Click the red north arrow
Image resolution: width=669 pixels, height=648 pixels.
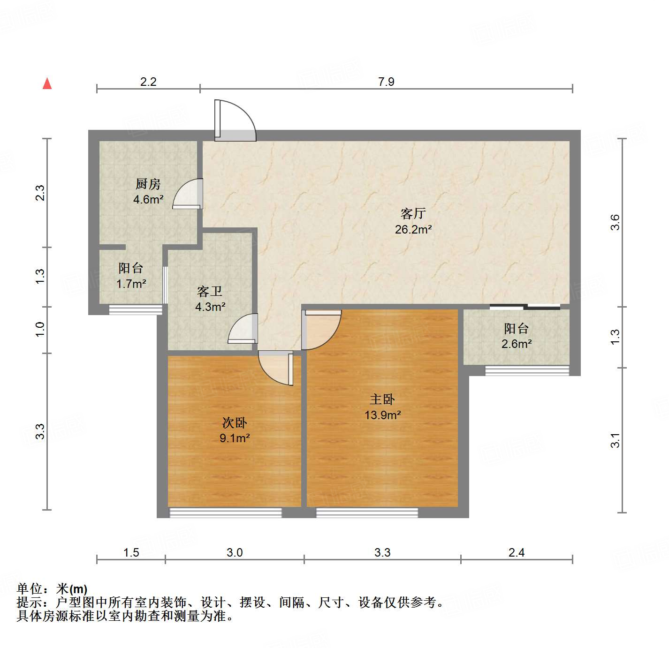47,83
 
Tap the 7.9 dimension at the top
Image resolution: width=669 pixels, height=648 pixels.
386,82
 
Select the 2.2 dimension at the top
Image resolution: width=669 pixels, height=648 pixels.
148,82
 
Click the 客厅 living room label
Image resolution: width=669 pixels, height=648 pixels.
413,214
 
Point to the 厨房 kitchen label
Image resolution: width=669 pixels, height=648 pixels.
148,184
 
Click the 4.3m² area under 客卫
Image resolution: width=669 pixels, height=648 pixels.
210,307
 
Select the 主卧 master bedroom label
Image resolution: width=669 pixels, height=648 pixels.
382,399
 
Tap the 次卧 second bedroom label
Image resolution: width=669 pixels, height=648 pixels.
235,423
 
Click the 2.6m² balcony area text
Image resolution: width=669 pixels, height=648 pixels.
517,344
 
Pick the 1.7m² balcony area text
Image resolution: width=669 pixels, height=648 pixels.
131,284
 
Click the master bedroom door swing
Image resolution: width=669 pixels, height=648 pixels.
321,329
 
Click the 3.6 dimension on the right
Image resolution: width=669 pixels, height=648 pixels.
615,222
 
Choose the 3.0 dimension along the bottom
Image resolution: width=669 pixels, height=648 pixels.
235,552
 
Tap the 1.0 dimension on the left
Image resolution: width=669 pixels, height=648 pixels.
40,329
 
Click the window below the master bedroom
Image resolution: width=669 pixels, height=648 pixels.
367,512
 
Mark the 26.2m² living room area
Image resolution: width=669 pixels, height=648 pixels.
413,229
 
